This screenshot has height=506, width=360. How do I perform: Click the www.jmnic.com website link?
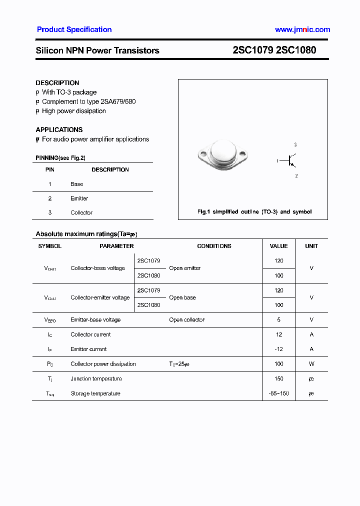(302, 29)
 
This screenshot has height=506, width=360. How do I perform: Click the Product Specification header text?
(74, 29)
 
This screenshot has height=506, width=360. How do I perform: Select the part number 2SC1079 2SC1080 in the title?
(274, 50)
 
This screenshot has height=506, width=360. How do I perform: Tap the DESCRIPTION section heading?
(57, 83)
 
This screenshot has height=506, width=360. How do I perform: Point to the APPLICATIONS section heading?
(59, 129)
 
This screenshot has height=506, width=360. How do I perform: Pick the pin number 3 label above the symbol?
(295, 144)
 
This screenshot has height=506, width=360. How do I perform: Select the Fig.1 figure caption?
(254, 212)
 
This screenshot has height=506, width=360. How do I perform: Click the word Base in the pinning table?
(77, 184)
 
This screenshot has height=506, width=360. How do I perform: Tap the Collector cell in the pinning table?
(81, 212)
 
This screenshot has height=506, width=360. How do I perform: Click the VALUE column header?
(278, 246)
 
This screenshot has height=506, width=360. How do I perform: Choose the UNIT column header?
(311, 246)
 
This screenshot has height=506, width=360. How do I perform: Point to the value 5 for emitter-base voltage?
(278, 319)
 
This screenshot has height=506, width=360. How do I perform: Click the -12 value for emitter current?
(278, 349)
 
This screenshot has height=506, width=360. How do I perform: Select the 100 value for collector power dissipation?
(278, 364)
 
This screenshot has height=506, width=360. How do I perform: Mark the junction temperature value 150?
(278, 378)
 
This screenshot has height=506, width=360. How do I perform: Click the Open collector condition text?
(186, 319)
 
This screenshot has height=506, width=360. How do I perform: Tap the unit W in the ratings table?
(311, 364)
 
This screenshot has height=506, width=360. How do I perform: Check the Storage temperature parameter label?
(95, 393)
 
